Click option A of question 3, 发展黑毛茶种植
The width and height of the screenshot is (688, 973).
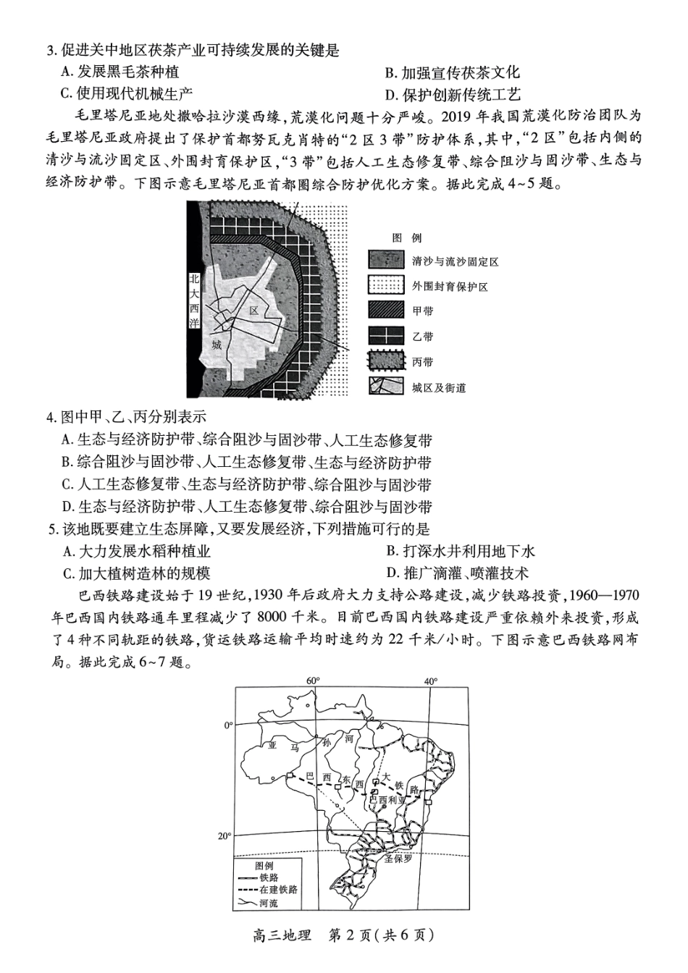click(120, 72)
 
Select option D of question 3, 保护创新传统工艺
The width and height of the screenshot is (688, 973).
click(453, 95)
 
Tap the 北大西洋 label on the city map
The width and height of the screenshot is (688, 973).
click(193, 300)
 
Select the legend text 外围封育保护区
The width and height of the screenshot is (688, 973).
click(450, 287)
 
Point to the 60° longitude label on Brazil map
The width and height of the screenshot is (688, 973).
click(313, 681)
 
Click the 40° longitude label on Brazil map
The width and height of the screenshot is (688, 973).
click(431, 681)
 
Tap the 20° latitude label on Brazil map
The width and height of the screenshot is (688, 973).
click(225, 835)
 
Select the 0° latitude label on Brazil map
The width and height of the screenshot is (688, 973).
click(228, 725)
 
